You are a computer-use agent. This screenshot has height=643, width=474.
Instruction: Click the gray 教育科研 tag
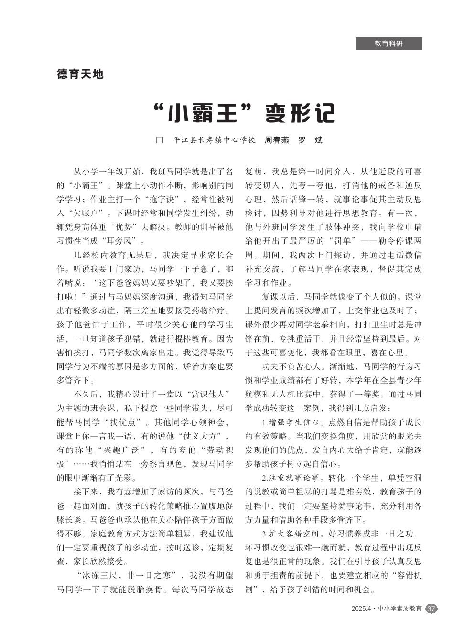(388, 43)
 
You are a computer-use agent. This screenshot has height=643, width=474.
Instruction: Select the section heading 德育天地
(80, 74)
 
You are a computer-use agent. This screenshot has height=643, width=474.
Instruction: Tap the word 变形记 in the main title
(301, 114)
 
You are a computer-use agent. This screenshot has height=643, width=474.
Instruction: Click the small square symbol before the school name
(160, 140)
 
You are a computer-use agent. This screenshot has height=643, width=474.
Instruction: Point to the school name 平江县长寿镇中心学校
(214, 140)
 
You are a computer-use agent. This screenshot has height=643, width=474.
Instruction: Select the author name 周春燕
(277, 140)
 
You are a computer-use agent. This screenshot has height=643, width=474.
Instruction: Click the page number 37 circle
(431, 609)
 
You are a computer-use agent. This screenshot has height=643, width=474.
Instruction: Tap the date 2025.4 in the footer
(361, 609)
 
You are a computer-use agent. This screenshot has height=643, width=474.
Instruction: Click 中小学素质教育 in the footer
(400, 609)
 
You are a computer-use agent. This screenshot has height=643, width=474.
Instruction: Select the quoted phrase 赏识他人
(207, 394)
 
